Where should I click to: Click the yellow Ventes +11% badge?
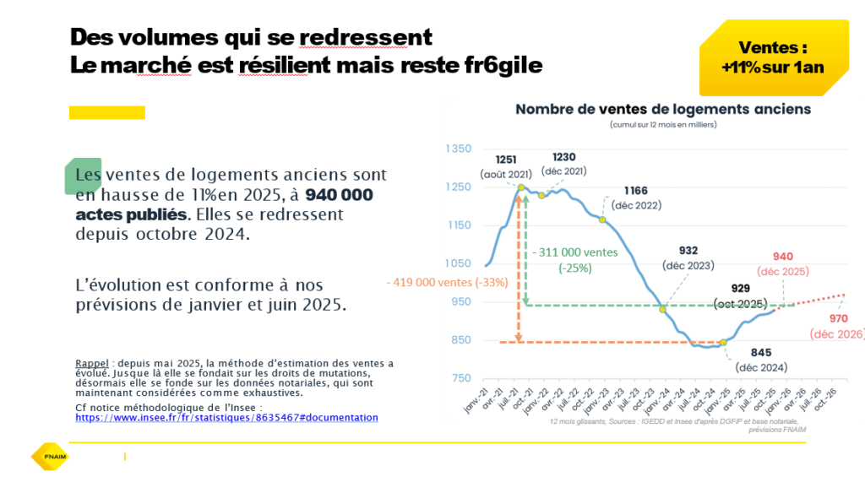(772, 57)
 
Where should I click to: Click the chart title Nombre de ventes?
(663, 109)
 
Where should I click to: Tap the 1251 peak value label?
(507, 160)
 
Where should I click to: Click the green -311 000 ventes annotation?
(575, 252)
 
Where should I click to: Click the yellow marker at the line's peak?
(521, 187)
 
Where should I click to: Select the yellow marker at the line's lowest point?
(723, 342)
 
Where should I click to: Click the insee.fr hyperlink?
(226, 418)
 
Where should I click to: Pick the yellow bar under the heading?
(106, 112)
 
